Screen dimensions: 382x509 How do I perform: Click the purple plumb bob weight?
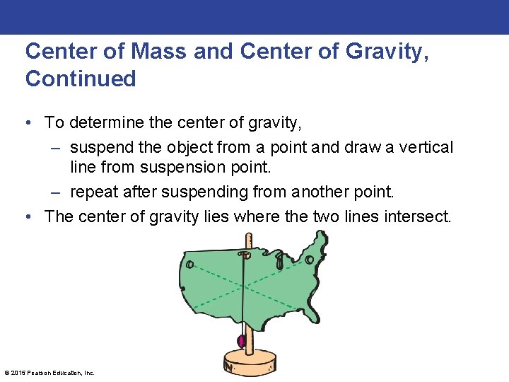coord(242,341)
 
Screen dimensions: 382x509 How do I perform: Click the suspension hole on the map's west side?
coord(189,264)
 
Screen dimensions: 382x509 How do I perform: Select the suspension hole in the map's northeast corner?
coord(309,260)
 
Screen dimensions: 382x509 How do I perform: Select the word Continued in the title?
coord(81,79)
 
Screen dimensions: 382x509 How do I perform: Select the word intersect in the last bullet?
coord(416,216)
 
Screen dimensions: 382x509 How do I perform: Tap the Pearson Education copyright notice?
coord(49,372)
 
